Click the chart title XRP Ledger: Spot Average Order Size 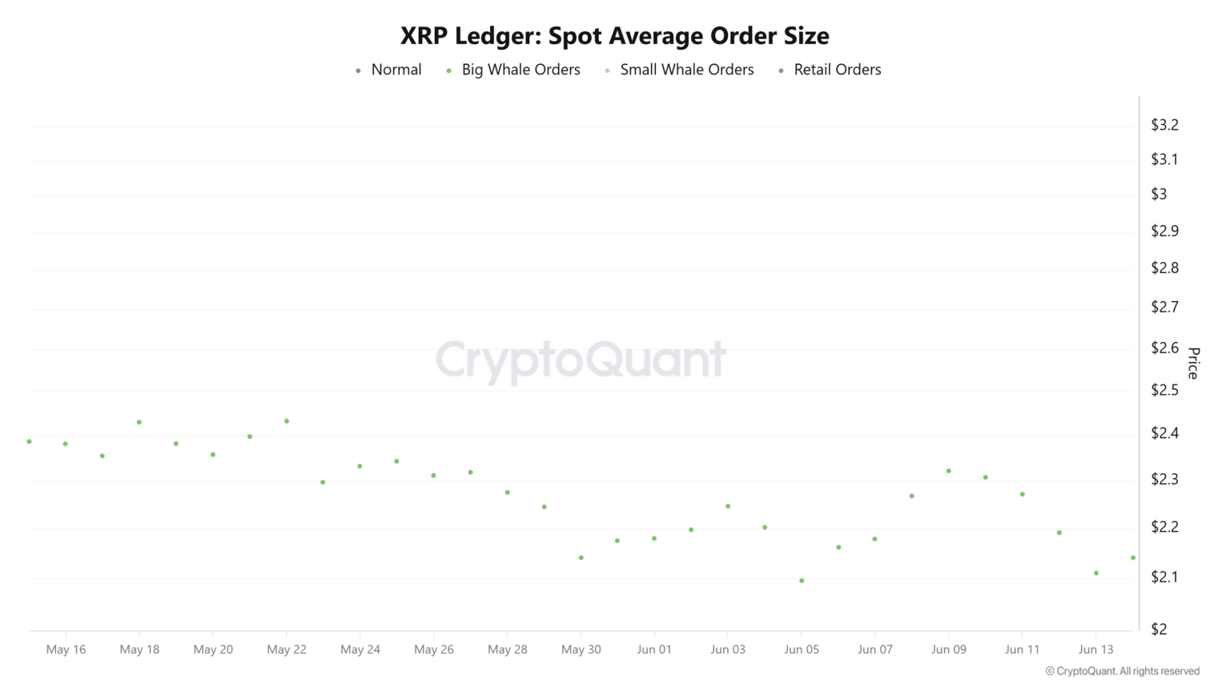point(614,36)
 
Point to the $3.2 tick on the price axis point(1164,125)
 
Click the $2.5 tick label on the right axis point(1164,390)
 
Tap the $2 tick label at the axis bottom point(1159,629)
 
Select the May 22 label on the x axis point(287,650)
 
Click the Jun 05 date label point(802,650)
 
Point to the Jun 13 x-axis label point(1095,650)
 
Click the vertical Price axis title point(1193,363)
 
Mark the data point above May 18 point(139,422)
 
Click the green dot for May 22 point(287,421)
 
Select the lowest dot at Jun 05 point(802,581)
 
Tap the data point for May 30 point(581,557)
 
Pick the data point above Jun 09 point(949,471)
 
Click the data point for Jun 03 point(728,506)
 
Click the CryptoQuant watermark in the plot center point(581,360)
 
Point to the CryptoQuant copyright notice point(1122,671)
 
